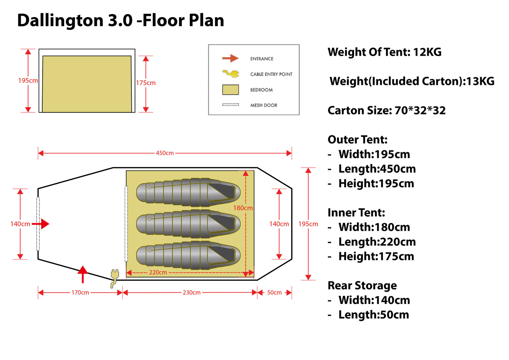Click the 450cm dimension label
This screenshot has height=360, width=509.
165,153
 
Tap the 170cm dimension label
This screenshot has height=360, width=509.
80,292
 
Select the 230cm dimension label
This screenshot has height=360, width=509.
192,292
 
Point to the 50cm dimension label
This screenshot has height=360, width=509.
274,292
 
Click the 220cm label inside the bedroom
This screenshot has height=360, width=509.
158,272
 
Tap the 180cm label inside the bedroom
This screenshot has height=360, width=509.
243,208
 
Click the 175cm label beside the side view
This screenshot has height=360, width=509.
146,83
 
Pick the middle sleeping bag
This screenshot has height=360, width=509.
188,224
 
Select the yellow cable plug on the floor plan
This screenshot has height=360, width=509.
114,278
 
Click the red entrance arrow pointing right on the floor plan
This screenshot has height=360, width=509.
41,224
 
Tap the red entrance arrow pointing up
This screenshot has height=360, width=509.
83,274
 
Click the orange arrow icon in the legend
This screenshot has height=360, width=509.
230,58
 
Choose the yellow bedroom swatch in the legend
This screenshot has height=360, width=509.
230,90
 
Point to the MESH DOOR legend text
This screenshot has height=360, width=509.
263,105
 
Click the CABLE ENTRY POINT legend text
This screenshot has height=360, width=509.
271,74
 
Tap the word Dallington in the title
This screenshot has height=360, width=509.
60,21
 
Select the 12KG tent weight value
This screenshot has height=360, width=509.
427,52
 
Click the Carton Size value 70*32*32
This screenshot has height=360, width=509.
420,111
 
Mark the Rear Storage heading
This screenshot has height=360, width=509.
362,286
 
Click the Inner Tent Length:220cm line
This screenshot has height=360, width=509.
377,242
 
